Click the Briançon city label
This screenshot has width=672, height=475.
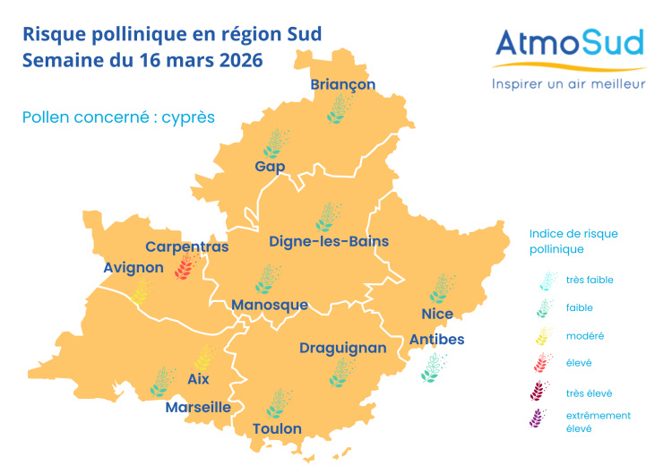click(x=342, y=84)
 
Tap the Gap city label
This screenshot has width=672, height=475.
click(x=270, y=167)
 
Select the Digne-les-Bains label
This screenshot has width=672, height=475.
click(x=324, y=241)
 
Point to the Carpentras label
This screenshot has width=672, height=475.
click(x=187, y=246)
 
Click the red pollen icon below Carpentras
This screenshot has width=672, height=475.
click(x=186, y=266)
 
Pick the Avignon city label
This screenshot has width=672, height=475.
click(x=134, y=267)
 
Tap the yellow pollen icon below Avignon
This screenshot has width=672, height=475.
click(x=140, y=290)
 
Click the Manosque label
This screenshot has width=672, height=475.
click(x=269, y=305)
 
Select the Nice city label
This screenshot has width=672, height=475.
click(x=437, y=314)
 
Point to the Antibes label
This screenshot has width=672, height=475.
click(x=436, y=340)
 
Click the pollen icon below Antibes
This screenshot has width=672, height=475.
click(x=435, y=367)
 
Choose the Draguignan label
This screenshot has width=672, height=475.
click(x=342, y=348)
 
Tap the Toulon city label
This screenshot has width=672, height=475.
click(x=277, y=428)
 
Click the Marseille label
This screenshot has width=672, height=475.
click(x=198, y=407)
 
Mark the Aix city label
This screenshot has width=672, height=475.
click(x=198, y=379)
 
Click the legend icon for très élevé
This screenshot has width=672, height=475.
click(x=541, y=392)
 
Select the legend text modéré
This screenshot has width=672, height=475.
click(x=585, y=335)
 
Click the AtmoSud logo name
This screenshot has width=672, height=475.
click(x=569, y=43)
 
